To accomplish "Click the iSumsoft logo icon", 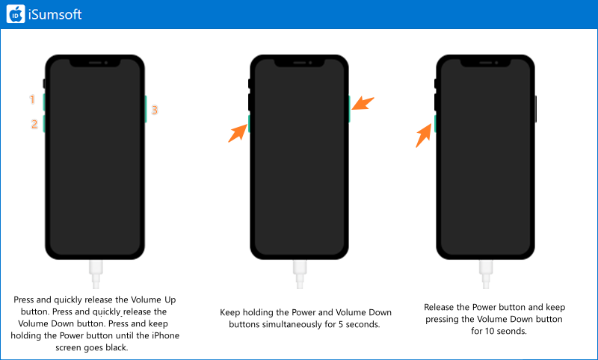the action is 16,14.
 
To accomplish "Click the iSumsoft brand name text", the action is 55,14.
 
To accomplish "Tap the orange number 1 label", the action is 32,99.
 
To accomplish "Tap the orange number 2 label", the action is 34,124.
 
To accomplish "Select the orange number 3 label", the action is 155,110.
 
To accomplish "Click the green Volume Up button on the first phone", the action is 44,102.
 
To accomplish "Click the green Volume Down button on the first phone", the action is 44,124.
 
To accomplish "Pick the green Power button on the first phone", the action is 146,109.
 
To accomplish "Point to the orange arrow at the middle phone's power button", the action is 363,103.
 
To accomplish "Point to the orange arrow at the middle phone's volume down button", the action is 238,133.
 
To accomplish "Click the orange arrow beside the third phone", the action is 425,137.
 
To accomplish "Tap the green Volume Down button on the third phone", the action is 435,124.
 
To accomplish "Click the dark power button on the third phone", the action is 536,109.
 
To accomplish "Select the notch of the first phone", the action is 95,63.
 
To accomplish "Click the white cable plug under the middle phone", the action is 300,273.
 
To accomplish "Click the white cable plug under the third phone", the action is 486,273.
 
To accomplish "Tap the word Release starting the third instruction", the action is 439,307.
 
